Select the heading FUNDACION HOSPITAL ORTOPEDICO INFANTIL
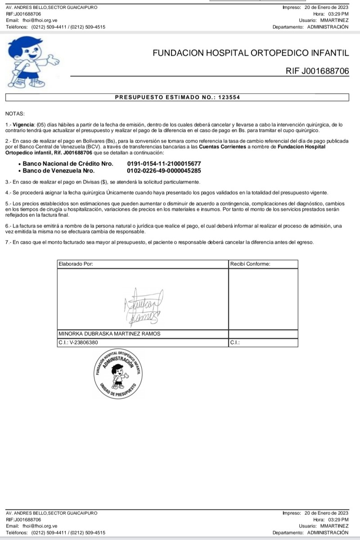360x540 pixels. coord(251,53)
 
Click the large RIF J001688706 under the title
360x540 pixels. coord(317,71)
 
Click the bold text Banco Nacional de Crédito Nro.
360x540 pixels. coord(68,164)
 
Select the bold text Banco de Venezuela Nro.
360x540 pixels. coord(58,171)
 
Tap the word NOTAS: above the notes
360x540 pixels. coord(15,113)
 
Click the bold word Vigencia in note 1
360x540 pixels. coord(23,124)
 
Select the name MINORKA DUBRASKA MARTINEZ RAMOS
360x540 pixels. coord(109,334)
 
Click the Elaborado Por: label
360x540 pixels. coord(76,264)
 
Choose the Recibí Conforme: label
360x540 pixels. coord(250,264)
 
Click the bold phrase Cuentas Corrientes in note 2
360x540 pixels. coord(223,147)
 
